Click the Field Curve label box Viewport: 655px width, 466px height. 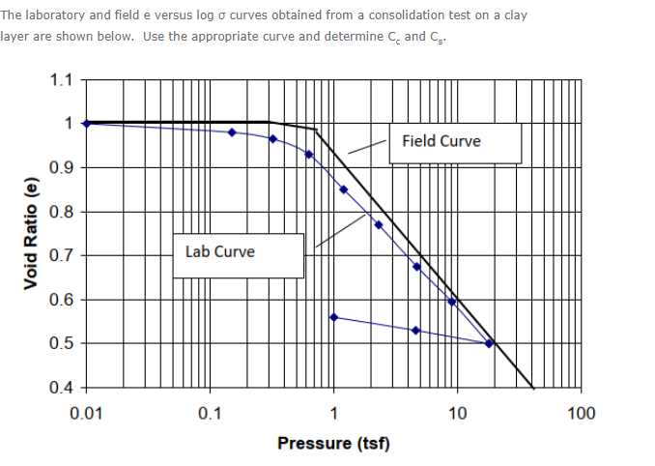click(455, 142)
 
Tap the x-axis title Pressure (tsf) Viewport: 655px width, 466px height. click(333, 443)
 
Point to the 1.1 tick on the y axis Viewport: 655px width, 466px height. click(61, 80)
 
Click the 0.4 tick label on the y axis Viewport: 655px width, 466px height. click(61, 388)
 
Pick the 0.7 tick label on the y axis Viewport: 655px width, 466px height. click(61, 256)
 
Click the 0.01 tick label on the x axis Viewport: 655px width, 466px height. click(87, 414)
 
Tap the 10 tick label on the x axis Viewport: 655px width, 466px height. click(458, 414)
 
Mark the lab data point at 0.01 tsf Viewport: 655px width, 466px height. click(87, 123)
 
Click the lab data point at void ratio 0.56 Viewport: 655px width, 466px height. click(333, 317)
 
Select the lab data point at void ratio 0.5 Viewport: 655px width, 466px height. click(489, 343)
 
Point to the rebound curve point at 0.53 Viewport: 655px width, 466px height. click(415, 331)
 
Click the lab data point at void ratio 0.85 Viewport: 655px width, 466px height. click(343, 189)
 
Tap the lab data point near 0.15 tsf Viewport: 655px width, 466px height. click(232, 132)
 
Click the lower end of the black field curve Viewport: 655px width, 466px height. click(532, 387)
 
